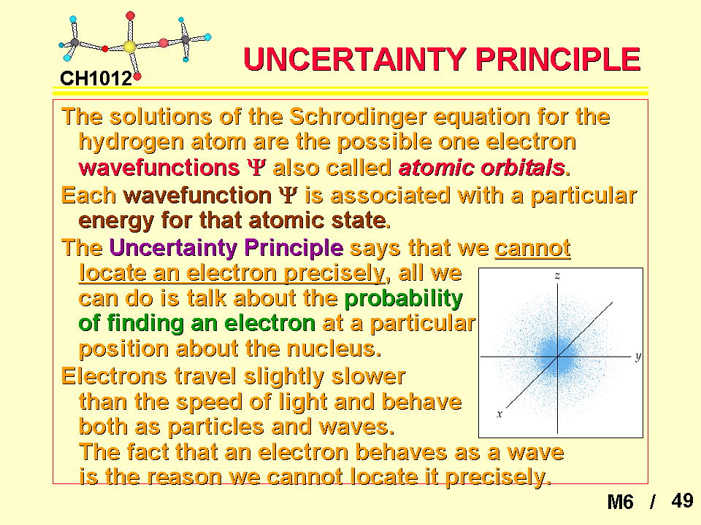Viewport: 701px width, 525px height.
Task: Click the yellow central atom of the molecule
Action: (x=129, y=47)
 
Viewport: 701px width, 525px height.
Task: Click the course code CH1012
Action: (x=96, y=79)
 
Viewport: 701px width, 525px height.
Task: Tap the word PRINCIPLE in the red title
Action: (x=558, y=59)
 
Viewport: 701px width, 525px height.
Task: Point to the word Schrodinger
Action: (x=358, y=117)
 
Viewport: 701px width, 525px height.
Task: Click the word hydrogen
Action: (x=131, y=143)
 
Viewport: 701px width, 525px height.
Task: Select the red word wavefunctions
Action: (x=159, y=168)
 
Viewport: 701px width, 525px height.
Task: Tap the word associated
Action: (x=390, y=195)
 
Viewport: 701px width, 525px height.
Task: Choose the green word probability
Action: (x=404, y=299)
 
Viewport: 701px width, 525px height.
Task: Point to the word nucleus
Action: (x=334, y=349)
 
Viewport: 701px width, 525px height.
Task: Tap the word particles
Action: (x=216, y=427)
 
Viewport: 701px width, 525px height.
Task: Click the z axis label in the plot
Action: (x=557, y=276)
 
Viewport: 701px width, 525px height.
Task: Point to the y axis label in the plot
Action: (x=638, y=357)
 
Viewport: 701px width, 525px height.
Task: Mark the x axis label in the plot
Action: (x=499, y=414)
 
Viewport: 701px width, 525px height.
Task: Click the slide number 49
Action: (x=682, y=500)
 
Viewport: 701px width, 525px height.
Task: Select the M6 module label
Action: (x=620, y=502)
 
